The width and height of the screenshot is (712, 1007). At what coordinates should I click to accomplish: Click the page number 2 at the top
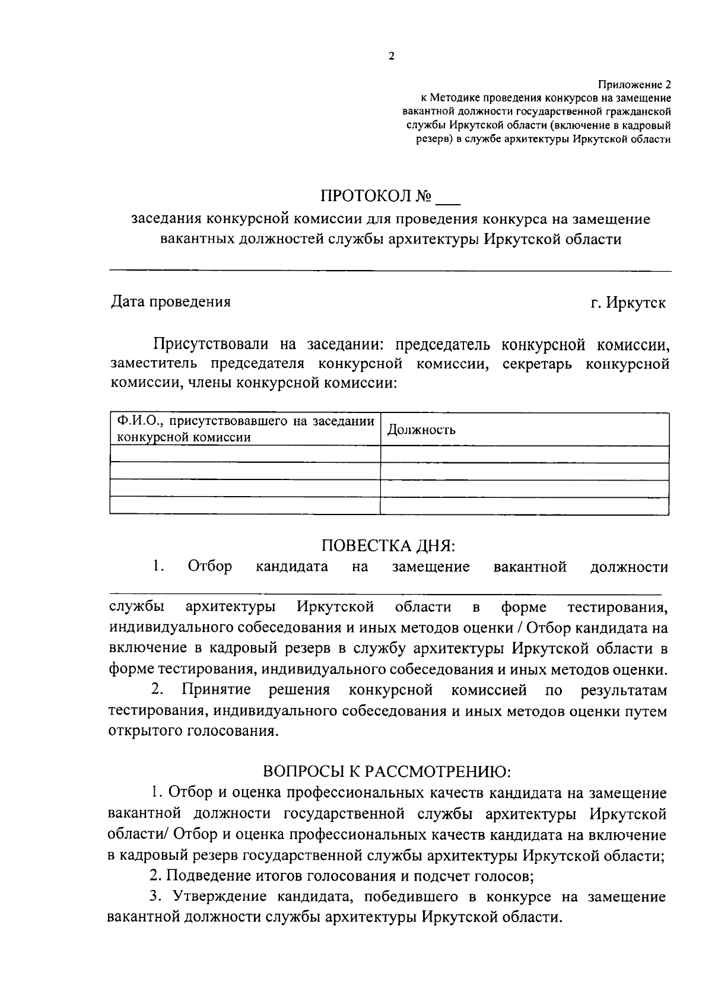coord(391,56)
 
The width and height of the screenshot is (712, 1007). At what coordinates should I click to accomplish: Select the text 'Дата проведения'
coord(171,301)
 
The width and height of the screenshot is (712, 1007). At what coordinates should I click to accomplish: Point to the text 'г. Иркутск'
coord(628,303)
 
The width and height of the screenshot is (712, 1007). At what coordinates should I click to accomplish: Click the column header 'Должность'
coord(422,430)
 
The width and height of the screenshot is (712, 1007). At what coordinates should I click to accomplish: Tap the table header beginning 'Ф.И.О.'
coord(245,429)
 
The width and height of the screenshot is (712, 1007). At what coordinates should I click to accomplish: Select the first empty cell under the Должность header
coord(525,454)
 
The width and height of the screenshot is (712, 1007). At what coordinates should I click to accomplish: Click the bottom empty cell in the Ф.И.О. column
coord(245,505)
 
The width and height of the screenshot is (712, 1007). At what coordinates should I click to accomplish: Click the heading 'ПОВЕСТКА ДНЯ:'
coord(388,545)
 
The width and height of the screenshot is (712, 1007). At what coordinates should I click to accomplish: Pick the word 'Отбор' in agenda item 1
coord(209,567)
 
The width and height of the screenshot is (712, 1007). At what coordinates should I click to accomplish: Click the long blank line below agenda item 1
coord(386,593)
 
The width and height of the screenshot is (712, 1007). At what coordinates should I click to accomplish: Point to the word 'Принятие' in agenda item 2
coord(217,690)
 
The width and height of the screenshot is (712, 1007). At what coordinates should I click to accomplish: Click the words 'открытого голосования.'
coord(193,732)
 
